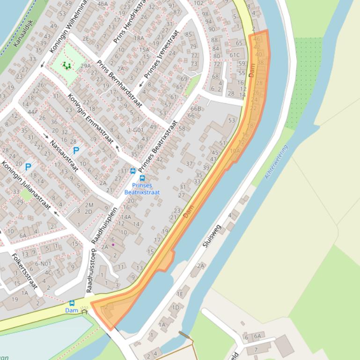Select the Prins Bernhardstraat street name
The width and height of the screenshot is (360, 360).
[118, 84]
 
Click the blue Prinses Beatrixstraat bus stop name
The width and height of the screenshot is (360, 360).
[142, 189]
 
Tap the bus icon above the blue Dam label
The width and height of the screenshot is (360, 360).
[72, 303]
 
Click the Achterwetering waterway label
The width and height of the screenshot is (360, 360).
[276, 162]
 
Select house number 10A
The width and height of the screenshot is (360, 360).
[235, 151]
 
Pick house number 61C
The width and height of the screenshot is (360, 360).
[235, 55]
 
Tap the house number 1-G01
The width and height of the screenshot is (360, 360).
[135, 130]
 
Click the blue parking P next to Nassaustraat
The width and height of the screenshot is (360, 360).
[76, 151]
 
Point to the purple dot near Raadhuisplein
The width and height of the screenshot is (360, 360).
[113, 244]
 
